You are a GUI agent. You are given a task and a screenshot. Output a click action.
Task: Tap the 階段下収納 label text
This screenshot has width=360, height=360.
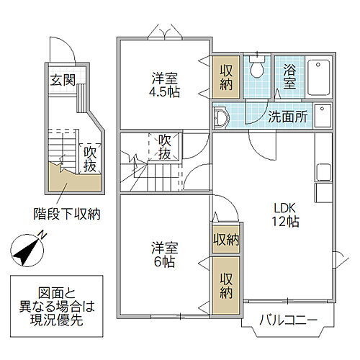tap(67, 213)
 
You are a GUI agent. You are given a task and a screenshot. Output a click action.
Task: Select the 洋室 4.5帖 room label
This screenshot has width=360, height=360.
tap(165, 86)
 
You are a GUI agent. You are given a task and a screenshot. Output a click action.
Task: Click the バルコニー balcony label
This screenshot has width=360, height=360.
tap(288, 320)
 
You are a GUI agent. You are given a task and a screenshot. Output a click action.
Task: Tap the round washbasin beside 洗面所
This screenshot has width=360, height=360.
tap(222, 117)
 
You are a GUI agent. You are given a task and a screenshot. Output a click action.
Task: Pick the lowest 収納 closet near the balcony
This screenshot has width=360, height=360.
tap(225, 287)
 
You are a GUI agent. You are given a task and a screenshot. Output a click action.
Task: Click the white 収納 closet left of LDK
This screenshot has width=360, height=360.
tap(225, 240)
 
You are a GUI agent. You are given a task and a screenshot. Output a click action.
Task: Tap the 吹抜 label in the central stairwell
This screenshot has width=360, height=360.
tap(165, 148)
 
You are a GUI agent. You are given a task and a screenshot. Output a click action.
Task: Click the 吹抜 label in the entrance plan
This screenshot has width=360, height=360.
tap(90, 160)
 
